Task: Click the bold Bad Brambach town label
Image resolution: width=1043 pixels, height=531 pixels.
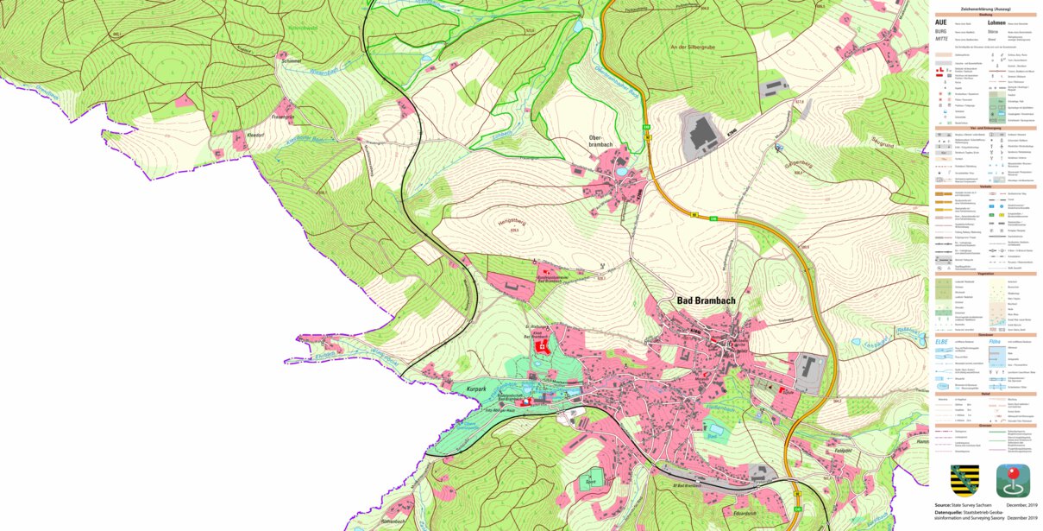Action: click(x=710, y=300)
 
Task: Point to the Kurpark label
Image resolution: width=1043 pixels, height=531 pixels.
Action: click(x=477, y=390)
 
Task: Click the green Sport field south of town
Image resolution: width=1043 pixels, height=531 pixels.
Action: click(x=591, y=481)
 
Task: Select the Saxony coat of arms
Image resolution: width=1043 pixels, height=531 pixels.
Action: click(x=964, y=480)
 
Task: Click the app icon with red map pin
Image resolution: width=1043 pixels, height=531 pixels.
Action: click(x=1012, y=480)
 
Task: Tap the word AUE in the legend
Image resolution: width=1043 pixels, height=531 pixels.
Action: click(x=940, y=23)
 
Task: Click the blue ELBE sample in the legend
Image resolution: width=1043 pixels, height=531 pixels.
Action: click(x=942, y=343)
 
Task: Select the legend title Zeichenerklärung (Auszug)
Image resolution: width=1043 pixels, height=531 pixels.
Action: click(x=984, y=8)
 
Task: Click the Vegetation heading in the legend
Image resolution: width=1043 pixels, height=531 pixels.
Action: click(x=984, y=272)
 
